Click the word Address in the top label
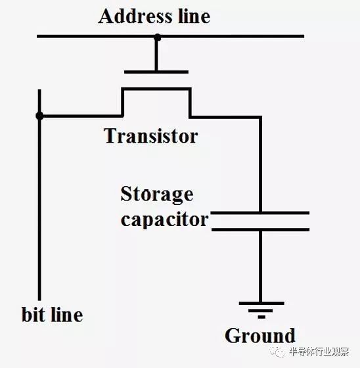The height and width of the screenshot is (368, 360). (135, 16)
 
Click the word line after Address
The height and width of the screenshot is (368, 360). (194, 16)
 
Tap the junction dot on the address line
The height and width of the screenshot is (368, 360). (158, 37)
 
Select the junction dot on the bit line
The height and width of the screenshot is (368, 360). (39, 116)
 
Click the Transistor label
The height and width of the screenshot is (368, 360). (151, 136)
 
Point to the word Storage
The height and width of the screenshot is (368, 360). (157, 195)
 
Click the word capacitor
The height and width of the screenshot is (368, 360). (164, 219)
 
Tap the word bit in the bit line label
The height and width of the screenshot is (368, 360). (34, 314)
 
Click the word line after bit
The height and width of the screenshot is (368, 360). (67, 314)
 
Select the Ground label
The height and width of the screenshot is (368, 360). (259, 336)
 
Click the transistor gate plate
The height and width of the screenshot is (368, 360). (156, 72)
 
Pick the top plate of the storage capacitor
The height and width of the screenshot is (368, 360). (260, 213)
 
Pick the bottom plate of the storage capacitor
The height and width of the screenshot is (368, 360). (261, 229)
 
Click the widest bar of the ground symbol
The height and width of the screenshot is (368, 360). (261, 303)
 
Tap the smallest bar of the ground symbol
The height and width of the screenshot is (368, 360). (261, 317)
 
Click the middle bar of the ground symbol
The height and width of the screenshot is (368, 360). (261, 310)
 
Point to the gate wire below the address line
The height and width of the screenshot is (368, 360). (156, 55)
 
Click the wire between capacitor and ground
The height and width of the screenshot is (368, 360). (261, 266)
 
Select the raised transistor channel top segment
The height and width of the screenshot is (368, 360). (156, 89)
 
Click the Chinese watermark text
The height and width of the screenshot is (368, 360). (319, 352)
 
